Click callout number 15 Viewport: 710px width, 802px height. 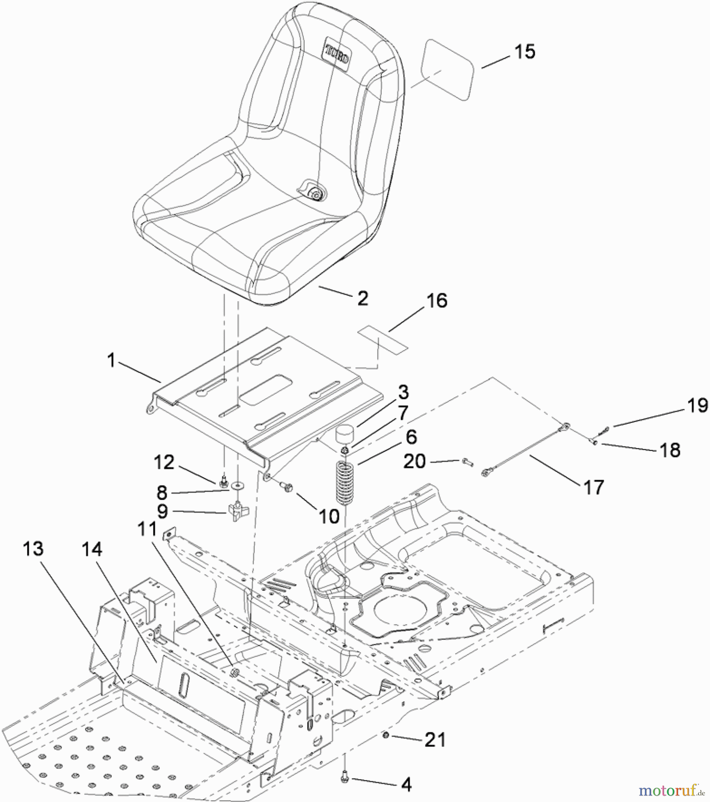(x=524, y=52)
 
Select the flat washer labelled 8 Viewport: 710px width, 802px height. (x=238, y=484)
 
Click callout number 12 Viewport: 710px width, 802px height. (x=164, y=462)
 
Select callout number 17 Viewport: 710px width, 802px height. (x=593, y=487)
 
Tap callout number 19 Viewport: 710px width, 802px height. (x=697, y=405)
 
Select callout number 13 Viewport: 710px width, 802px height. (x=33, y=549)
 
